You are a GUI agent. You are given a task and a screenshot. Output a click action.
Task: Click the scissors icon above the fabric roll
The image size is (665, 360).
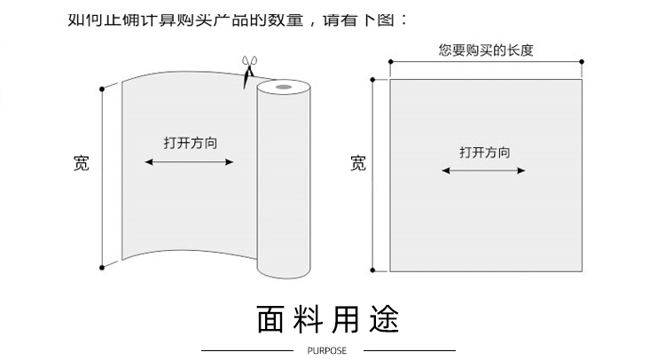tap(248, 68)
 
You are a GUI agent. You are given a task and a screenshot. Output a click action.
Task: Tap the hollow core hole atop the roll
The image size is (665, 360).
tap(283, 88)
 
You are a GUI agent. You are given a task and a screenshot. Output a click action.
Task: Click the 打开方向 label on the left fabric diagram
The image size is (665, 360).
tap(189, 142)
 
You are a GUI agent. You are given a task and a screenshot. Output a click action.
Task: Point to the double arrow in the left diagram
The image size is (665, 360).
tap(189, 162)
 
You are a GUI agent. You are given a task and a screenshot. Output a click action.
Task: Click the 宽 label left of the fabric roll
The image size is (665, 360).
tap(81, 163)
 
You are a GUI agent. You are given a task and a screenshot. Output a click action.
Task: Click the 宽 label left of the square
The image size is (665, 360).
tap(358, 163)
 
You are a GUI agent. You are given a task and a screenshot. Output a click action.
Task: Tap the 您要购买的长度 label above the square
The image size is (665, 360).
tap(485, 51)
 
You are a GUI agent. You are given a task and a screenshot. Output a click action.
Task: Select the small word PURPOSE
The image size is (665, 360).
tap(327, 350)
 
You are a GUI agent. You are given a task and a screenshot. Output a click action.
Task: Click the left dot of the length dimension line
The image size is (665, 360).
tap(389, 62)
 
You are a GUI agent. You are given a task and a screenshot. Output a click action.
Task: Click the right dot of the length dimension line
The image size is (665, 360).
tap(583, 62)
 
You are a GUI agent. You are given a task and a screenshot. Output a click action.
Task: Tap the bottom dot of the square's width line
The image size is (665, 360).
tap(373, 270)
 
